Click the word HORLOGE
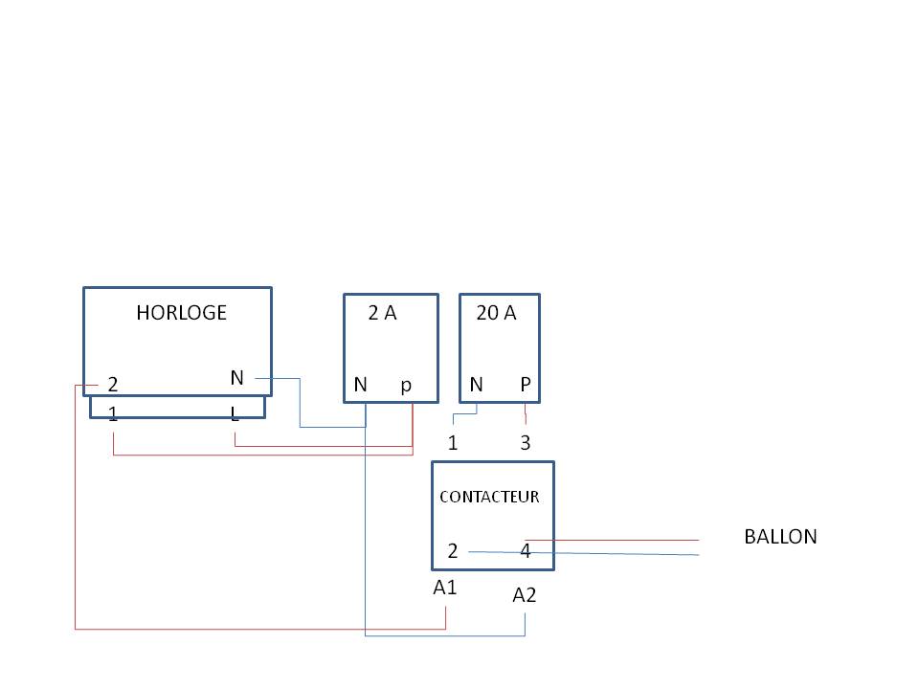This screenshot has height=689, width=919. pyautogui.click(x=181, y=313)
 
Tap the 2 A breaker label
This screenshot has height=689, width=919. pyautogui.click(x=382, y=313)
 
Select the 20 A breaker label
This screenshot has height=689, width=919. pyautogui.click(x=496, y=313)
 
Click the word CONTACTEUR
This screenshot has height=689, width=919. pyautogui.click(x=489, y=497)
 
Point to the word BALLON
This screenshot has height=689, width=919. pyautogui.click(x=780, y=537)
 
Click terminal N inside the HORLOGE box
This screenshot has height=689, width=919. pyautogui.click(x=236, y=378)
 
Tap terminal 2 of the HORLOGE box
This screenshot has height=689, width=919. pyautogui.click(x=113, y=385)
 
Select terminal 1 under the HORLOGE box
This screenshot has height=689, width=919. pyautogui.click(x=113, y=414)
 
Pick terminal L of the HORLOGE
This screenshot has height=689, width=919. pyautogui.click(x=235, y=414)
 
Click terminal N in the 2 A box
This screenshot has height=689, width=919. pyautogui.click(x=360, y=385)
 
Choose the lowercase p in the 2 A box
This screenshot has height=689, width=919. pyautogui.click(x=406, y=385)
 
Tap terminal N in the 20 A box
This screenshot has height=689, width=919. pyautogui.click(x=476, y=385)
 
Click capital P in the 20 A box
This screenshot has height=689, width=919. pyautogui.click(x=526, y=385)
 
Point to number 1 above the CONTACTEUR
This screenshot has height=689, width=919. pyautogui.click(x=454, y=443)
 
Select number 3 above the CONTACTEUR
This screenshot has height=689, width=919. pyautogui.click(x=526, y=443)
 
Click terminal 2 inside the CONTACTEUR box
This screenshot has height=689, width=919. pyautogui.click(x=454, y=551)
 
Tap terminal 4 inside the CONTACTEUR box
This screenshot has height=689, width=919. pyautogui.click(x=526, y=551)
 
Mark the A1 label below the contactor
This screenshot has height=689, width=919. pyautogui.click(x=445, y=588)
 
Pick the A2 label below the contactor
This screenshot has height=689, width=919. pyautogui.click(x=525, y=595)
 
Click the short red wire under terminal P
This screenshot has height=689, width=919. pyautogui.click(x=526, y=414)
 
